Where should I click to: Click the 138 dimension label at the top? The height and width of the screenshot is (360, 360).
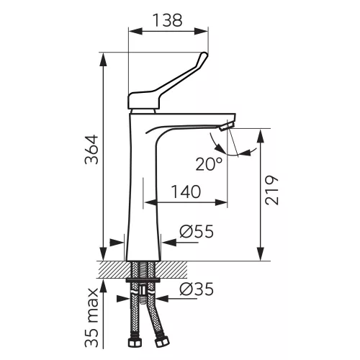click(168, 20)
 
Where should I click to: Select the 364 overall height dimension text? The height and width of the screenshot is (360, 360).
click(91, 150)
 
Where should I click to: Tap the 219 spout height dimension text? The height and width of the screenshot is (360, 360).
click(272, 190)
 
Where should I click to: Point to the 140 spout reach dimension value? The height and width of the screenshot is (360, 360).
click(186, 192)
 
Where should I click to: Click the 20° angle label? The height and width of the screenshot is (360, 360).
click(209, 164)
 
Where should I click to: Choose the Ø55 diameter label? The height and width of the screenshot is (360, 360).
click(197, 231)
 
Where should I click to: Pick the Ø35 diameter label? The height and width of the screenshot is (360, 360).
click(197, 289)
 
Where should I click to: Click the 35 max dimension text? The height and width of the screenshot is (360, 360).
click(91, 318)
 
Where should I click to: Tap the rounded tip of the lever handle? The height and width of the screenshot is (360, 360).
click(204, 55)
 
